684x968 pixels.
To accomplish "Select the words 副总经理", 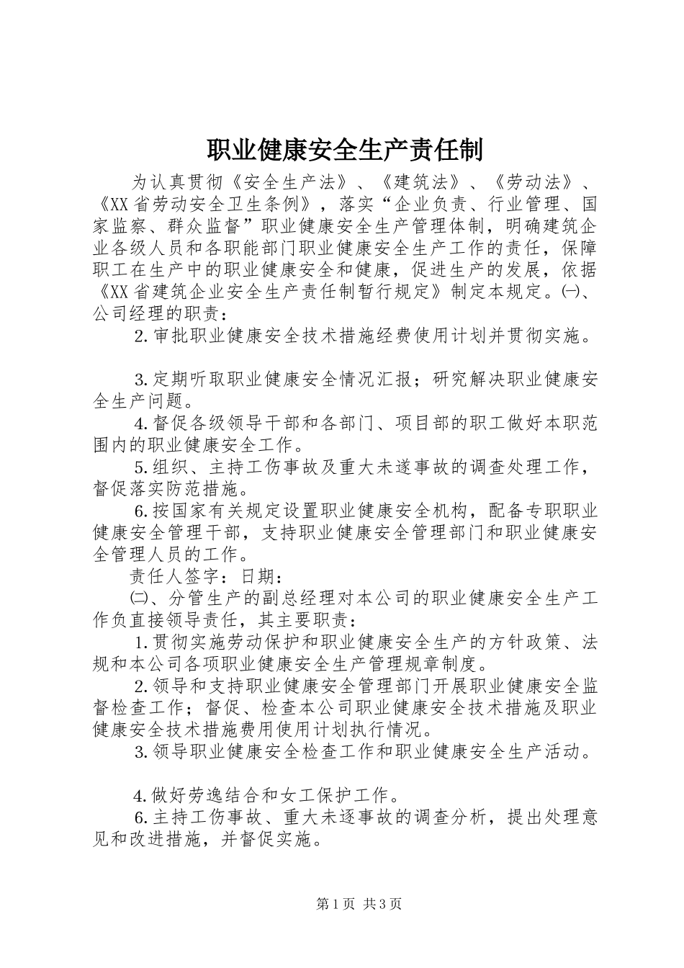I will [x=312, y=599].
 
